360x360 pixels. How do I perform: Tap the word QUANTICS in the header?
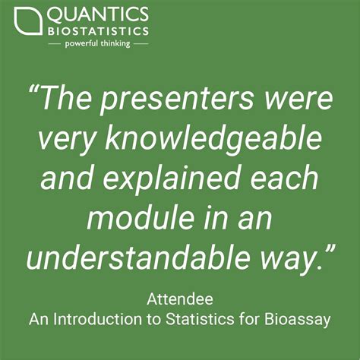point(96,14)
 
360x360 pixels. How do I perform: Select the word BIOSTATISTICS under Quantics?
point(96,32)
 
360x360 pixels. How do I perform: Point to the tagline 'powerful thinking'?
point(96,44)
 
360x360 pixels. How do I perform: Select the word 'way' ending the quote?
point(284,260)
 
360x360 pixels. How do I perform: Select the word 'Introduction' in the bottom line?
point(93,319)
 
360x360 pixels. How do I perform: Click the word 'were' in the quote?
point(297,98)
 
